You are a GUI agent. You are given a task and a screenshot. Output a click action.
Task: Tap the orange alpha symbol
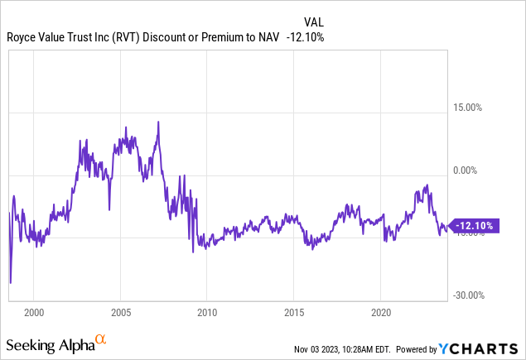click(100, 338)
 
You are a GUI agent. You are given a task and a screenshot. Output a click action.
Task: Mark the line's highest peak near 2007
click(157, 122)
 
